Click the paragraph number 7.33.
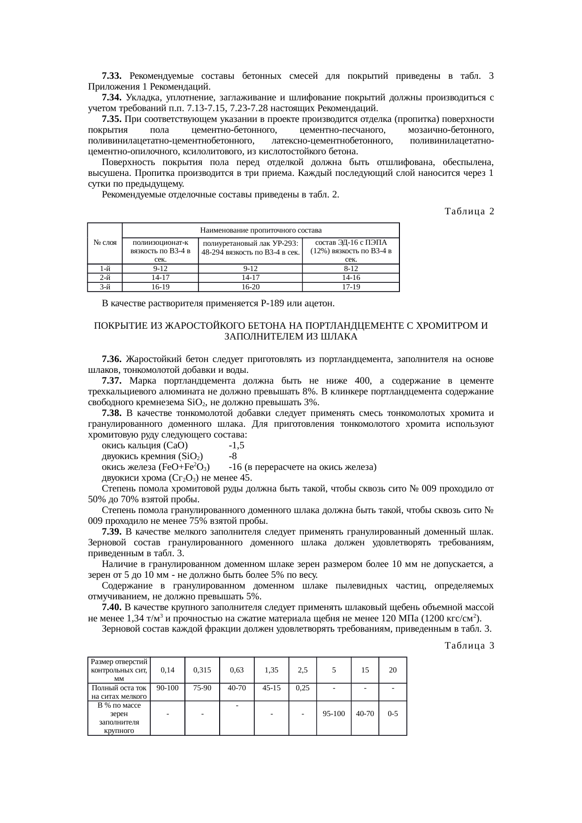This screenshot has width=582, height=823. [x=112, y=76]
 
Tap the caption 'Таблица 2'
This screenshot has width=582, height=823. [x=469, y=211]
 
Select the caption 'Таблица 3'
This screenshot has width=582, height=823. [x=469, y=646]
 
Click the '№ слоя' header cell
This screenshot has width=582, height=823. [x=105, y=243]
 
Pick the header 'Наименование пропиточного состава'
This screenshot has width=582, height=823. [x=260, y=230]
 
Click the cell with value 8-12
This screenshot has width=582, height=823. [x=351, y=269]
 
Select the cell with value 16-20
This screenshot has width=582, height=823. [x=250, y=287]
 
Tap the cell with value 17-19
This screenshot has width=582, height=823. [x=351, y=287]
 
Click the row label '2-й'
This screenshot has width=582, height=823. [x=105, y=278]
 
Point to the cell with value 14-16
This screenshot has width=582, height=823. [x=351, y=278]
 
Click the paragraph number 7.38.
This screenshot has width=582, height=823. [x=112, y=413]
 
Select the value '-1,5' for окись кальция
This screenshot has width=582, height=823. [x=236, y=445]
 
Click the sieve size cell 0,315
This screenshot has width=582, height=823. [x=202, y=670]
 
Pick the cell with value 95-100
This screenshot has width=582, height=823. [x=333, y=713]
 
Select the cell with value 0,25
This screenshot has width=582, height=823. [x=303, y=687]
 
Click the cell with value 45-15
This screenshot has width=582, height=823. [x=271, y=687]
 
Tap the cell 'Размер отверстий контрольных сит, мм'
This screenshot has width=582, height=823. [x=119, y=670]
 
